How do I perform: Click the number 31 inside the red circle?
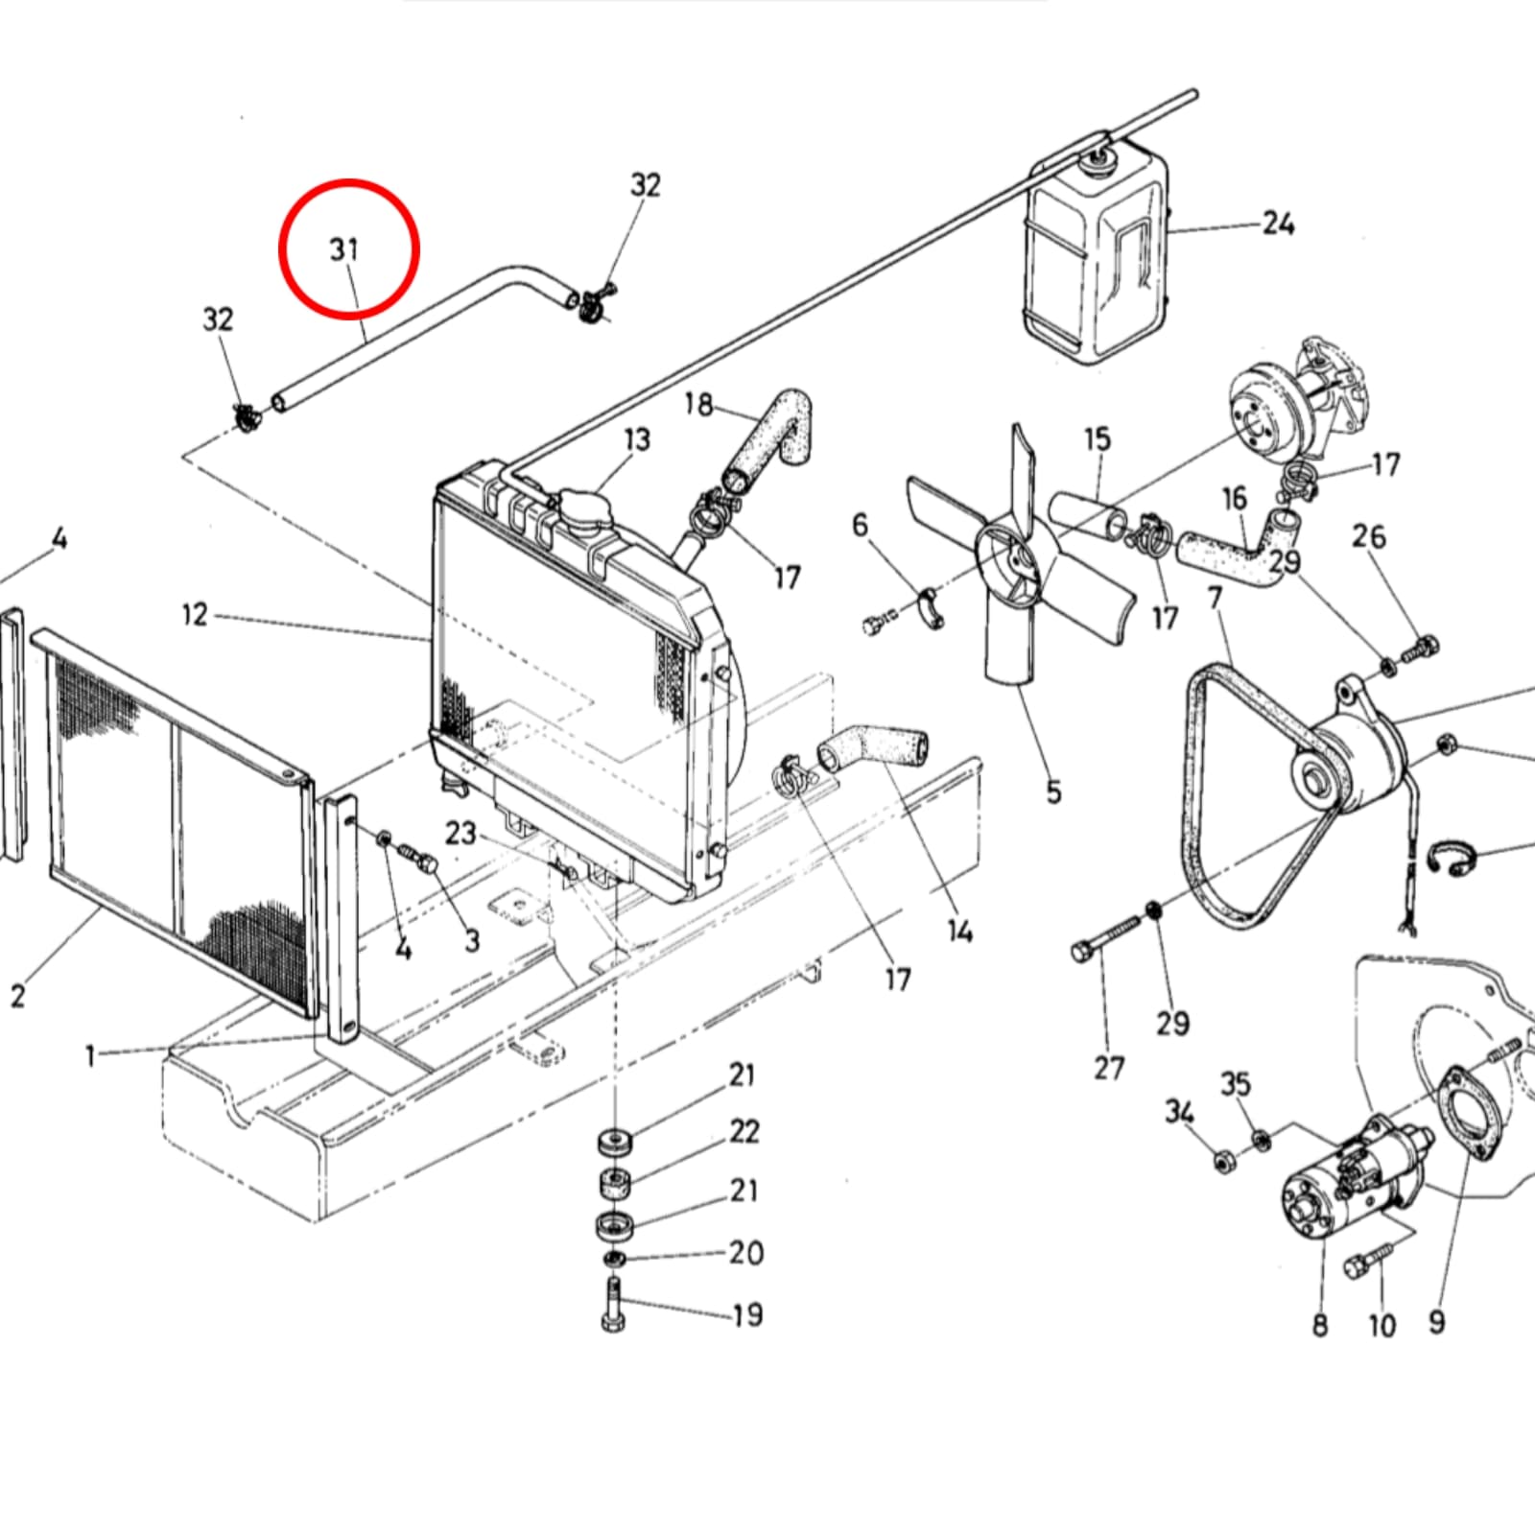coord(343,250)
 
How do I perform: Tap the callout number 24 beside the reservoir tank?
coord(1277,224)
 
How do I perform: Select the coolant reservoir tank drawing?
coord(1097,259)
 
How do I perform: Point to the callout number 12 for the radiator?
coord(195,614)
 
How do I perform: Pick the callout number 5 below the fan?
coord(1053,791)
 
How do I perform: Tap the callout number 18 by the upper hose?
coord(698,405)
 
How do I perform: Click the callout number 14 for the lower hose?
coord(959,930)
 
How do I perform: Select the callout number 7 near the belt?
coord(1216,598)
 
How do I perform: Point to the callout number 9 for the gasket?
coord(1436,1322)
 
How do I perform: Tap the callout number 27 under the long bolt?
coord(1109,1067)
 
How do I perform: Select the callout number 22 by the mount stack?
coord(744,1132)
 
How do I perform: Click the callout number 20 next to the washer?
coord(745,1253)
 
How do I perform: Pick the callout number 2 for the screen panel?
coord(17,996)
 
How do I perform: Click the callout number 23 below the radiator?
coord(460,832)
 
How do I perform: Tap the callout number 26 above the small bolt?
coord(1369,535)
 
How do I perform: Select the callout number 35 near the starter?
coord(1236,1084)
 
